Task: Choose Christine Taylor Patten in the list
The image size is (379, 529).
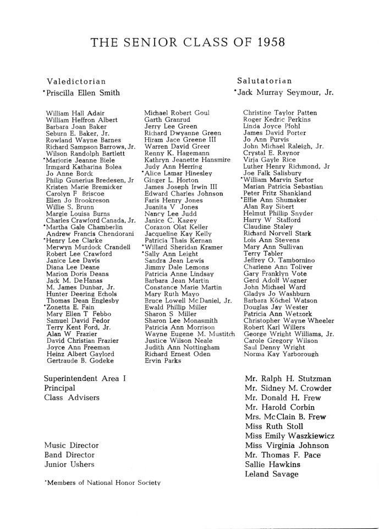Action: pos(280,112)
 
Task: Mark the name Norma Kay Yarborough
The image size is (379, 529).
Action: pos(281,354)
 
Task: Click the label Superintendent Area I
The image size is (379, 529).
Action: pos(85,379)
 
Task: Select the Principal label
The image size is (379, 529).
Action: pos(60,388)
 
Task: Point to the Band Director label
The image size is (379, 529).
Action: pos(69,455)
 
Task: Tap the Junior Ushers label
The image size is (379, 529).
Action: pos(69,464)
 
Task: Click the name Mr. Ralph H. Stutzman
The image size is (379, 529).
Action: pos(288,379)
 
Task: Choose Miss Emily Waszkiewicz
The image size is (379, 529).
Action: pos(290,436)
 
